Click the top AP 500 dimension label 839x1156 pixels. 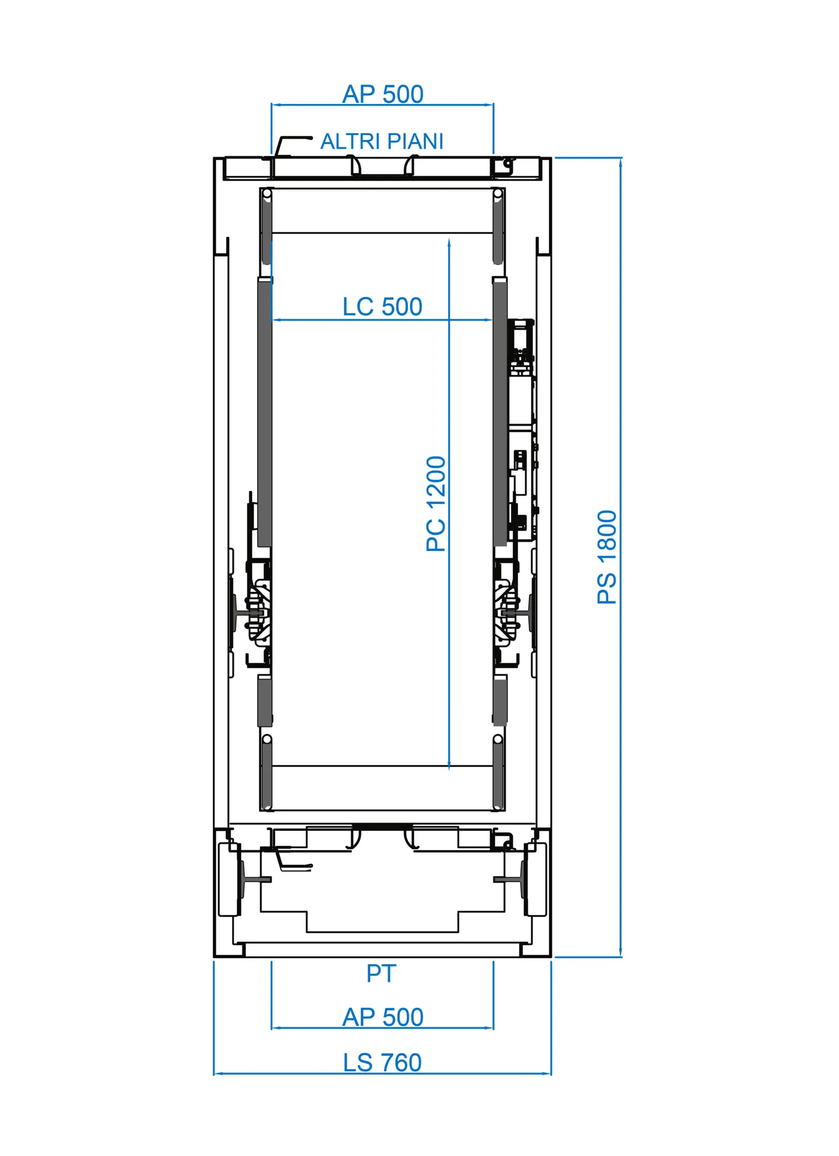tap(383, 94)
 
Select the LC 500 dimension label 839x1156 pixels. tap(383, 306)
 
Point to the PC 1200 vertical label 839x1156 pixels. tap(436, 503)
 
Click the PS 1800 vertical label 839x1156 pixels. tap(607, 557)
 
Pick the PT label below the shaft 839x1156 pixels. tap(381, 974)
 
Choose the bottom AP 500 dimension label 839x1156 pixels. tap(383, 1017)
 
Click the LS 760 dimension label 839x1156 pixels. tap(383, 1063)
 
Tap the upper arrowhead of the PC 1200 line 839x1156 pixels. tap(449, 242)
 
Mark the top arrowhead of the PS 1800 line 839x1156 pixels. tap(621, 162)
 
